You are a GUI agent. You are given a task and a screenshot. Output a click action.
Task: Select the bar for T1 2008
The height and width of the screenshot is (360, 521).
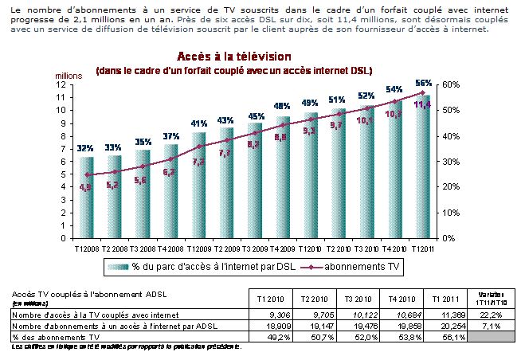(87, 195)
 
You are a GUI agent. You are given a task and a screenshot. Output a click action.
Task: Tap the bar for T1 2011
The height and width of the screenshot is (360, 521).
(425, 167)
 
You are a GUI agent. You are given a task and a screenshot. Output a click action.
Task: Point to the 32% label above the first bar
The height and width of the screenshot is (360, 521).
(86, 148)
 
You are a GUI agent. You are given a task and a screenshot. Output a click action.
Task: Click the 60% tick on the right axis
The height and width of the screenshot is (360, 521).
(449, 84)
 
